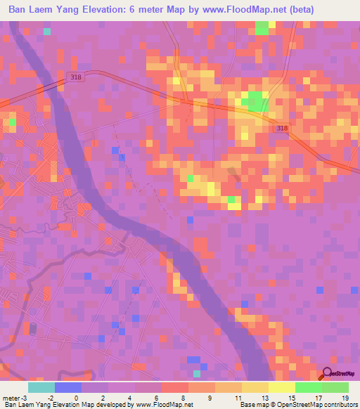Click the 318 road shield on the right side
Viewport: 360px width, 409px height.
pos(281,128)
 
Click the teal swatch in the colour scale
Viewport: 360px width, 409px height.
pos(41,387)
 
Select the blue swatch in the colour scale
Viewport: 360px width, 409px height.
pos(67,387)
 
